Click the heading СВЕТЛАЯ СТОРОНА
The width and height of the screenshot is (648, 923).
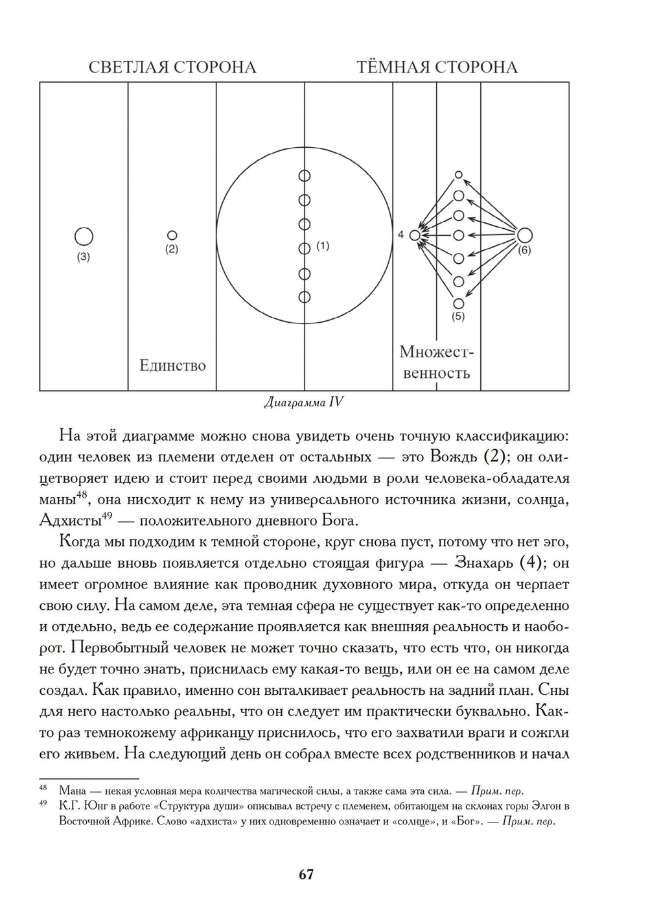[172, 67]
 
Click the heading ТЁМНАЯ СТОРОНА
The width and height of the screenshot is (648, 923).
[437, 67]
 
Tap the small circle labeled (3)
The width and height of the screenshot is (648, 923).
[84, 237]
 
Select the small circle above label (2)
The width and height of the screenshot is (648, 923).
[172, 235]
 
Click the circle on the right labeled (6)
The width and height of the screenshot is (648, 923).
[524, 235]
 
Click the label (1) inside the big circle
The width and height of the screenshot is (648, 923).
[323, 246]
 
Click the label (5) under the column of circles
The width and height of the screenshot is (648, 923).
[458, 317]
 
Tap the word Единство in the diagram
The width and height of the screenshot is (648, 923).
[172, 366]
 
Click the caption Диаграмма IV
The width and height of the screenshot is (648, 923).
[304, 403]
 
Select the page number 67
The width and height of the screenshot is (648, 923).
[307, 874]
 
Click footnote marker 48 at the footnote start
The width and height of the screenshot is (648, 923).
[44, 789]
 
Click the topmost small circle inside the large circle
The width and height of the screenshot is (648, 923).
[305, 176]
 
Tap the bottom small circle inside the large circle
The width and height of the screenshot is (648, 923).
[305, 297]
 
